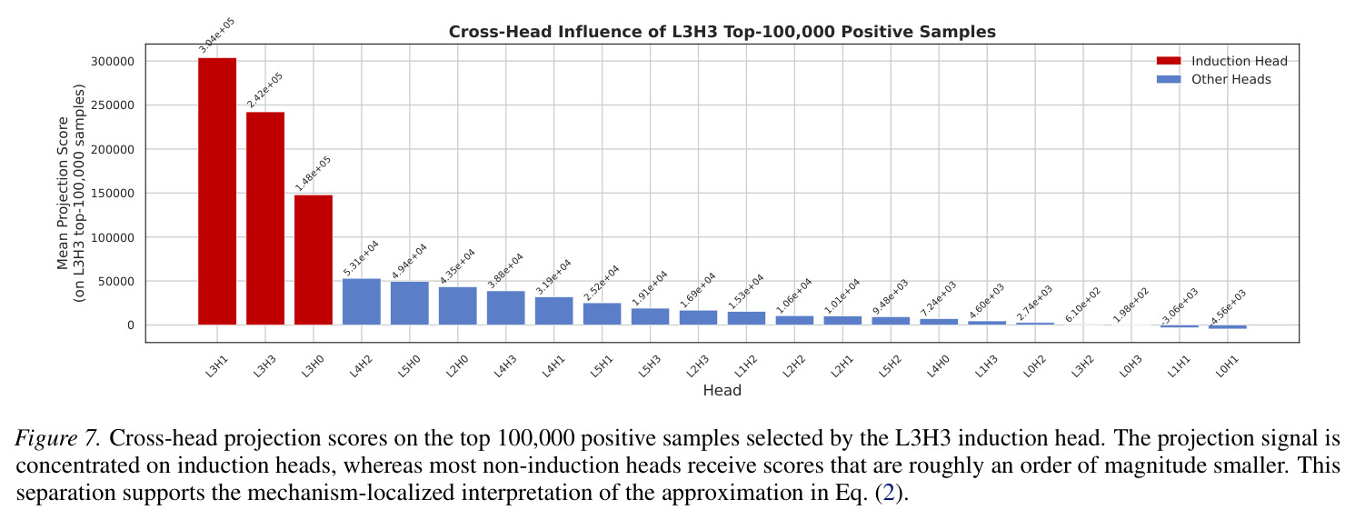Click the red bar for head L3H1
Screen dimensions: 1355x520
tap(217, 191)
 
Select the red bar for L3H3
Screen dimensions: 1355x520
tap(265, 218)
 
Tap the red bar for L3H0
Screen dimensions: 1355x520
tap(314, 260)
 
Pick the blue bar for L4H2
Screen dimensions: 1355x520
tap(362, 302)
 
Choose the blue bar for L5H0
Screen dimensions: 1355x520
tap(410, 304)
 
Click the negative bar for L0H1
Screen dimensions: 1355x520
tap(1228, 327)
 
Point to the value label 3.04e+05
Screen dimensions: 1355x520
tap(216, 35)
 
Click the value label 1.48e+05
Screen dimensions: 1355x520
tap(313, 174)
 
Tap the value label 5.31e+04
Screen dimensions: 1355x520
tap(361, 257)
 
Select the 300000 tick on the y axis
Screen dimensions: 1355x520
tap(113, 61)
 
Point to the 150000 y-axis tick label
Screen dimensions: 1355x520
tap(113, 194)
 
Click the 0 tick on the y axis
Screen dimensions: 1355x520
tap(131, 325)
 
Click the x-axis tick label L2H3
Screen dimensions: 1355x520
tap(697, 366)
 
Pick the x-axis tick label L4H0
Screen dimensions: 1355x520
tap(938, 366)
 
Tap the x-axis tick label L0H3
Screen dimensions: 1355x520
tap(1131, 366)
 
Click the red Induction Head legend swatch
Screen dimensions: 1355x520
tap(1169, 61)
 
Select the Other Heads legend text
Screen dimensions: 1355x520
tap(1231, 79)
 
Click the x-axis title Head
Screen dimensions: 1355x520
tap(722, 390)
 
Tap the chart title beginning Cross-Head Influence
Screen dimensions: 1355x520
tap(722, 32)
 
